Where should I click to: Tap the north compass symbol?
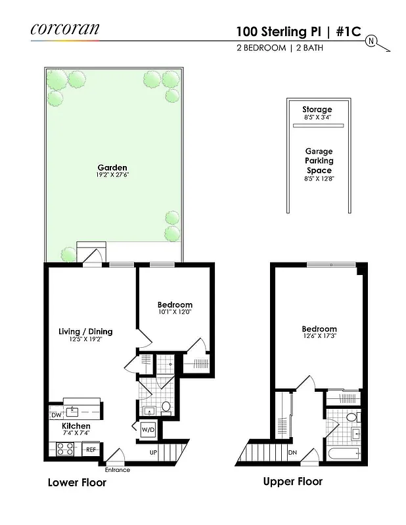(x=372, y=41)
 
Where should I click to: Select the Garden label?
(x=112, y=167)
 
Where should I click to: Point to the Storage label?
(x=317, y=109)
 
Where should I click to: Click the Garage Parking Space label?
(x=319, y=160)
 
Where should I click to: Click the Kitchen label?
(x=76, y=427)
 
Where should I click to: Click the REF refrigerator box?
(x=91, y=450)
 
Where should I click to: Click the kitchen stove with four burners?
(x=65, y=450)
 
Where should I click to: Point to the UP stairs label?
(x=154, y=453)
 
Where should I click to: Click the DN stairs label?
(x=292, y=453)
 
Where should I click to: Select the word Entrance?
(x=118, y=470)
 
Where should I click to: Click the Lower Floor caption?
(x=77, y=483)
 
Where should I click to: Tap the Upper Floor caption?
(x=292, y=482)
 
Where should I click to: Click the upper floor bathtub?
(x=342, y=453)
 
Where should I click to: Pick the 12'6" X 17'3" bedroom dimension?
(x=319, y=338)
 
